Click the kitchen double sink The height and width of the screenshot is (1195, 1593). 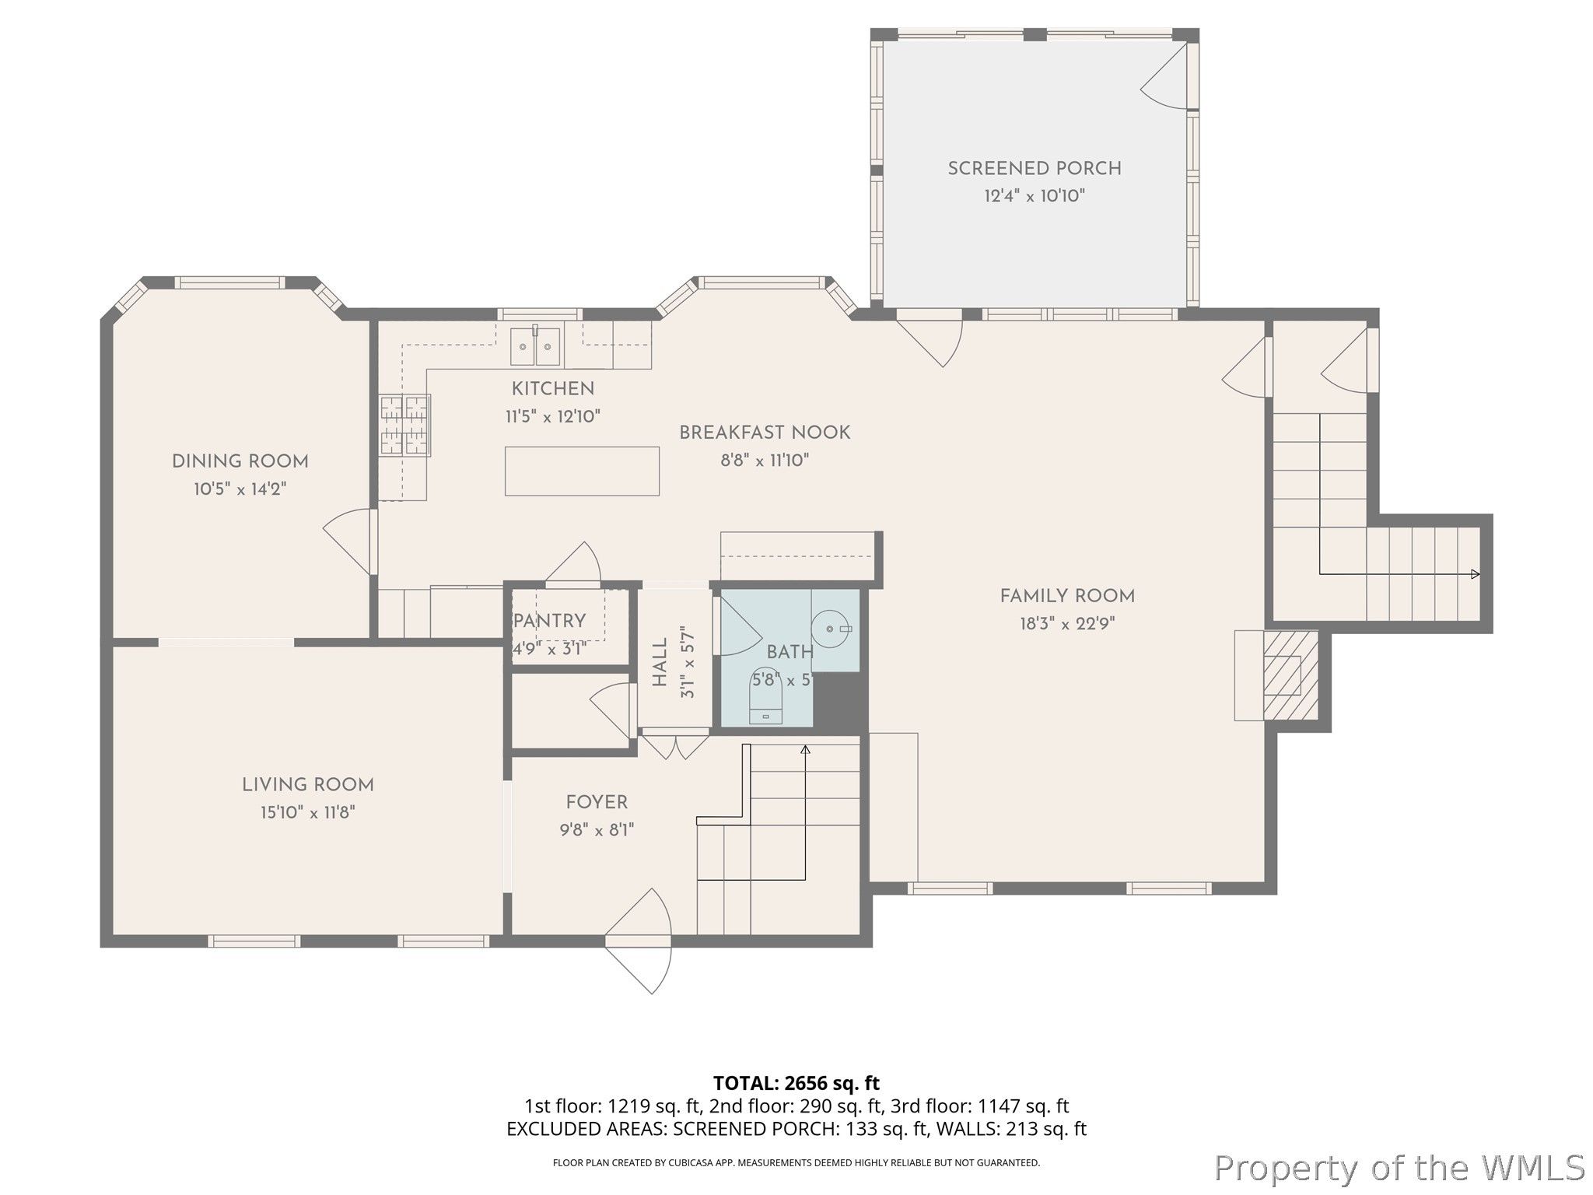[535, 346]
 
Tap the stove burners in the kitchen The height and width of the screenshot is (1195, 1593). [404, 425]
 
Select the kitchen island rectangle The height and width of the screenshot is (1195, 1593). [582, 471]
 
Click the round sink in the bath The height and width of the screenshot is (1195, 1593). [832, 627]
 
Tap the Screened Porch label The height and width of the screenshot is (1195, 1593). [1035, 168]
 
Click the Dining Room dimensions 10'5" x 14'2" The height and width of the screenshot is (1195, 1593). [240, 489]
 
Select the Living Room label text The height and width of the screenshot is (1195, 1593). [308, 785]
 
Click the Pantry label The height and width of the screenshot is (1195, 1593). [550, 621]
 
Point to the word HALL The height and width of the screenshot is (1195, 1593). [660, 662]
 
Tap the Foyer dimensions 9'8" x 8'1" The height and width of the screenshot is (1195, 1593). [597, 830]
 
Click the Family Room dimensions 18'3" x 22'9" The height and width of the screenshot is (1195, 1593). [1067, 624]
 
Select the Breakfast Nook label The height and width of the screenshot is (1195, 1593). [765, 433]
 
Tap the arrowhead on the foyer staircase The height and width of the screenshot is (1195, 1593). [805, 750]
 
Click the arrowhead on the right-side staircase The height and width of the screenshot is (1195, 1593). [1475, 574]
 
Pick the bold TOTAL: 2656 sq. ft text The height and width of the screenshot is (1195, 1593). [796, 1083]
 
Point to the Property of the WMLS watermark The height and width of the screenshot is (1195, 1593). [1399, 1168]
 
